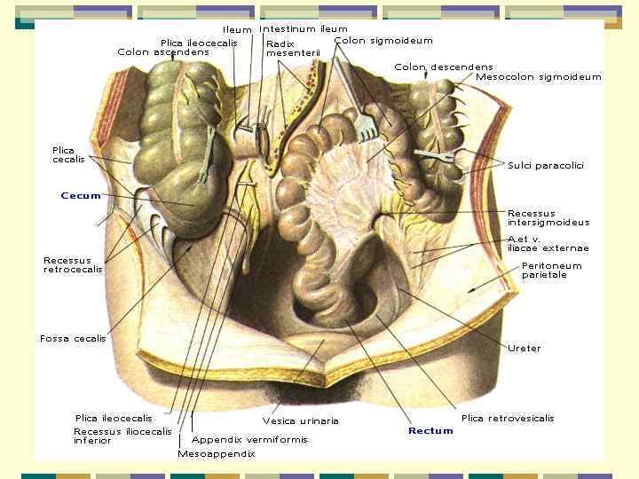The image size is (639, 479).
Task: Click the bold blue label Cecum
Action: click(81, 195)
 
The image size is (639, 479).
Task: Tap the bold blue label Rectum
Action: click(430, 431)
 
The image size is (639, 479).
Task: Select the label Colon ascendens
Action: click(163, 52)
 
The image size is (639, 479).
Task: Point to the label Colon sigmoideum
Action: click(383, 41)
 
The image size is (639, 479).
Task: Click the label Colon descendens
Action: click(443, 67)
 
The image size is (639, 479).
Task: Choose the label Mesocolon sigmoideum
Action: click(538, 77)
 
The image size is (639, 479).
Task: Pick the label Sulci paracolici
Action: click(546, 166)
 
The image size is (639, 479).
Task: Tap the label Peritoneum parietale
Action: click(551, 270)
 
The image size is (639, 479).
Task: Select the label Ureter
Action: click(524, 349)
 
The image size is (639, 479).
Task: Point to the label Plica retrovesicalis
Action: click(508, 418)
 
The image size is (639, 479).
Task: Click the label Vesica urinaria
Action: click(300, 420)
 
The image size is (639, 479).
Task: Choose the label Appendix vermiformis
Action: click(249, 439)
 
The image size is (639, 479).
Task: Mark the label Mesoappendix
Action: click(216, 453)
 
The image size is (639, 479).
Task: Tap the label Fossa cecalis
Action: click(72, 338)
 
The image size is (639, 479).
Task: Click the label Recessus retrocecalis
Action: click(73, 264)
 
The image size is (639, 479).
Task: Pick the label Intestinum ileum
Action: click(303, 29)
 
